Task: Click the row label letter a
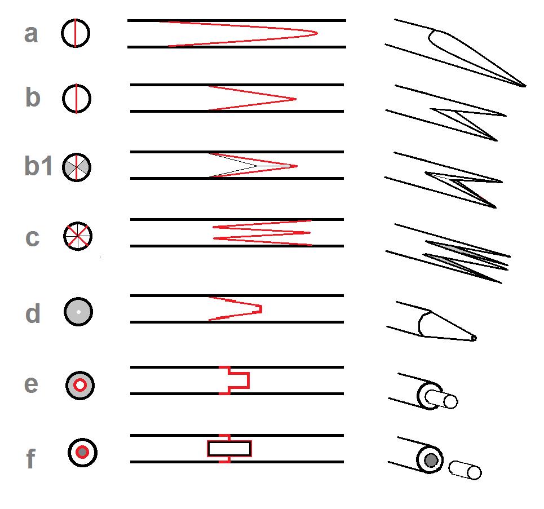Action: click(31, 34)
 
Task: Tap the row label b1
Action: click(38, 166)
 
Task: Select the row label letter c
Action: click(32, 238)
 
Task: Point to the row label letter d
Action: click(33, 313)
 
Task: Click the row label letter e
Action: click(31, 384)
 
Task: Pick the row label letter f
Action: click(31, 458)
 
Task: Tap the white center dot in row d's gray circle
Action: click(78, 312)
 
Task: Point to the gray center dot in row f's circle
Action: click(82, 453)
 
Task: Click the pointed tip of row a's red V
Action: click(317, 33)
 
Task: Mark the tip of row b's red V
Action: click(296, 99)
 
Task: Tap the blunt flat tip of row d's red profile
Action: click(260, 309)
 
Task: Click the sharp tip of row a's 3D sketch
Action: click(525, 86)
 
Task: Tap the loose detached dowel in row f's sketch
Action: click(465, 470)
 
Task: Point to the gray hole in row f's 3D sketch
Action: click(431, 461)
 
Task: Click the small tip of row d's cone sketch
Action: click(474, 338)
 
